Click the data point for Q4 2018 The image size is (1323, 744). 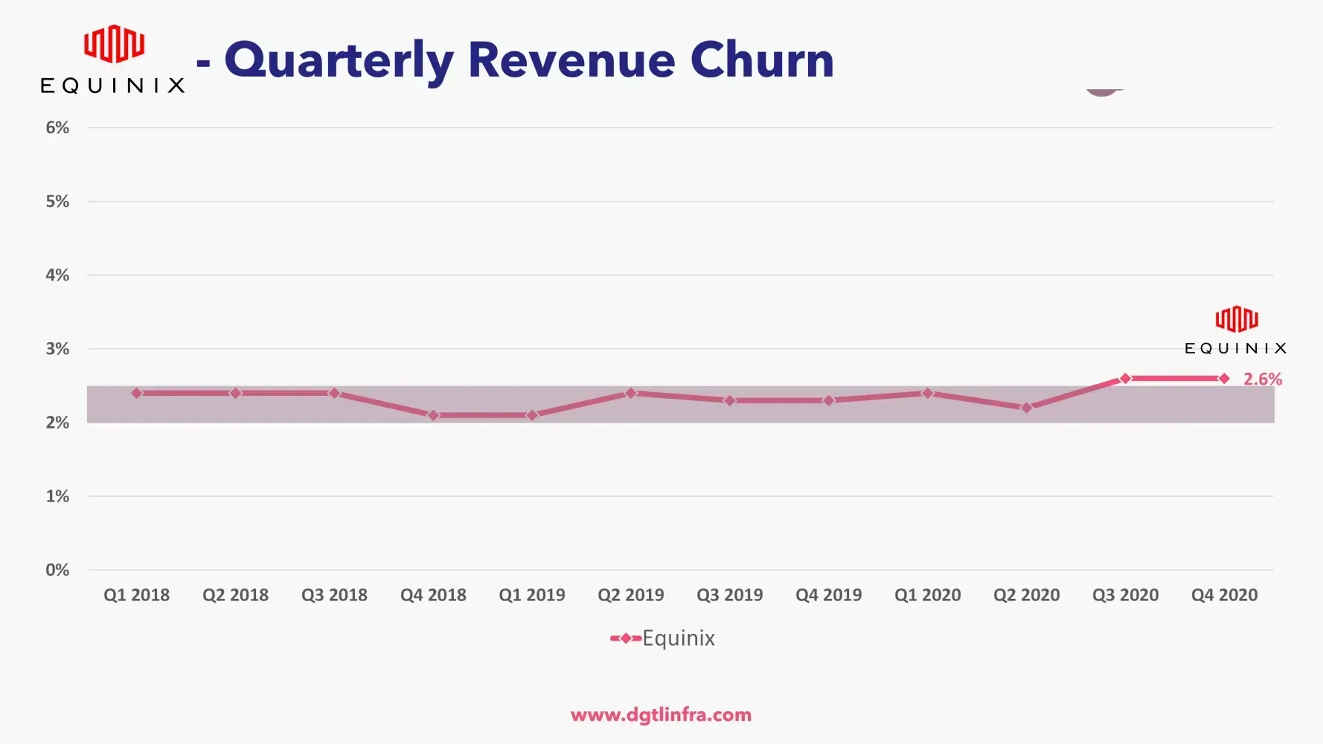[433, 415]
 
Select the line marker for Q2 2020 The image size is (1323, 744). [1026, 408]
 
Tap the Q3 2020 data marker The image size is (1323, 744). [1125, 379]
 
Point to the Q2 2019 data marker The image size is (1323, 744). [631, 393]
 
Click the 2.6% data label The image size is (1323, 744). [1263, 379]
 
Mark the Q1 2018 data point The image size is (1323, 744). [137, 393]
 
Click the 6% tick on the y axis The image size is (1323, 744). [57, 128]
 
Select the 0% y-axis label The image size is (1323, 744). [57, 570]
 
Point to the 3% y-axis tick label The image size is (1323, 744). [57, 349]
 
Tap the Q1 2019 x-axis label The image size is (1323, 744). [532, 595]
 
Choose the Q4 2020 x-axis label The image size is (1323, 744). [1224, 595]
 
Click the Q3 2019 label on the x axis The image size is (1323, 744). [730, 595]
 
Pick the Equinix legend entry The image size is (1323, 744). [663, 638]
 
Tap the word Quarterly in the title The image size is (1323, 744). [339, 61]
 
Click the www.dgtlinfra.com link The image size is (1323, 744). [661, 715]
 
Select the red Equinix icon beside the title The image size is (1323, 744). [114, 44]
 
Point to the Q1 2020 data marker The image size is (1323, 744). [927, 393]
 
